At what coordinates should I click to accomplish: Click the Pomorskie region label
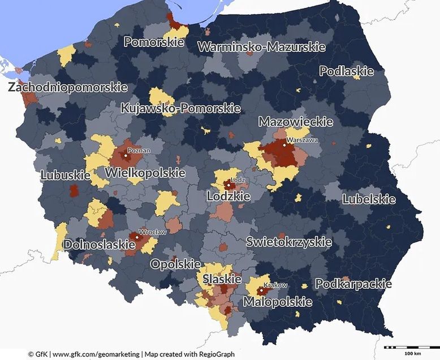pos(154,42)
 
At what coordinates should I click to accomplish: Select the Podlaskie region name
pos(347,71)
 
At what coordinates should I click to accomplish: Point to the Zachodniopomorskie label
pos(67,88)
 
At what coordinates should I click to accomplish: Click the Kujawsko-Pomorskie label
pos(180,108)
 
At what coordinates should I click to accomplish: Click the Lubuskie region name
pos(66,175)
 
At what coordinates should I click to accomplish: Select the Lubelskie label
pos(369,199)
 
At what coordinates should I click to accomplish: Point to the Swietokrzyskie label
pos(288,242)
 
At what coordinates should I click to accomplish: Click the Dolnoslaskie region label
pos(99,245)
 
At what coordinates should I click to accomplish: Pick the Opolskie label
pos(175,264)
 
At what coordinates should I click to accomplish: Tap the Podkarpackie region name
pos(353,284)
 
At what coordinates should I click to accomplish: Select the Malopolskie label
pos(278,302)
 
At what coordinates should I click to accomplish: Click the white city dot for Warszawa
pos(284,145)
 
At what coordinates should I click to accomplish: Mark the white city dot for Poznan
pos(126,156)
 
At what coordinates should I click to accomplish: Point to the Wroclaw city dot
pos(137,238)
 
